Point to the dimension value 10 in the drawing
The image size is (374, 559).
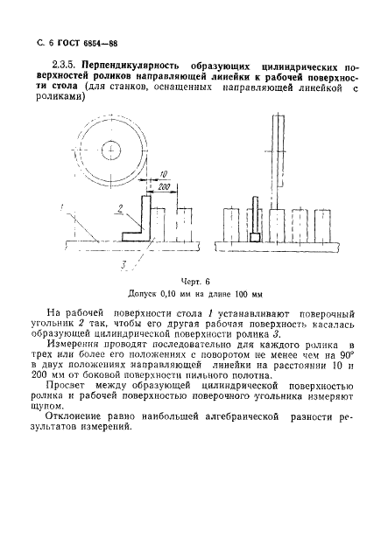(x=165, y=175)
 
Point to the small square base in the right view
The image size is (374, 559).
(x=255, y=236)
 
